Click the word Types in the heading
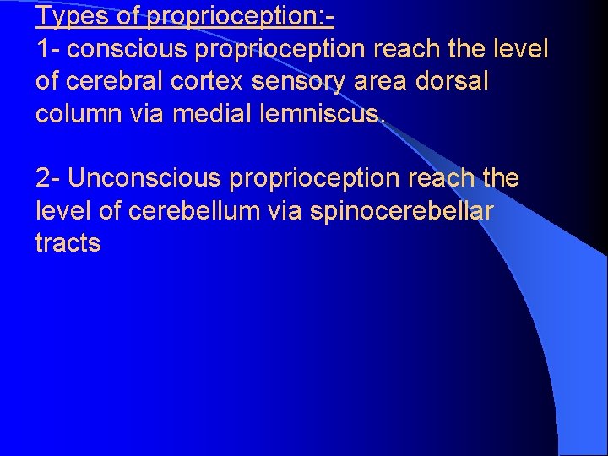click(x=65, y=16)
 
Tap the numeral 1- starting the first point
click(x=48, y=49)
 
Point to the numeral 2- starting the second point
click(x=48, y=178)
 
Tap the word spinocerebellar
click(x=402, y=211)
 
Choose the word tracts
click(x=68, y=243)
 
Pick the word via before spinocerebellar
click(x=285, y=211)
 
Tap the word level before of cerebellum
click(x=64, y=211)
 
